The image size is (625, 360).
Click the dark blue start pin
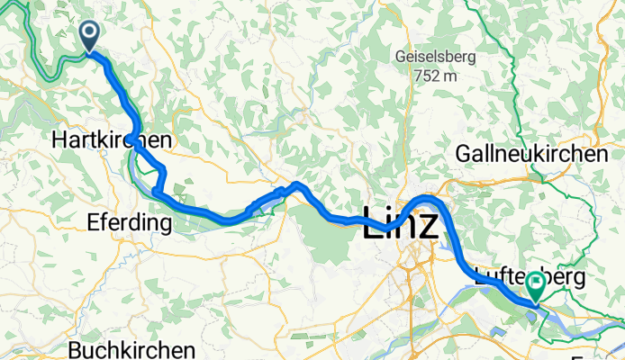[90, 36]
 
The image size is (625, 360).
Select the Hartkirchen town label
[113, 140]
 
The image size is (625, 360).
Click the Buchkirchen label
[131, 349]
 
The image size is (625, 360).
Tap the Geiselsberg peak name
[436, 57]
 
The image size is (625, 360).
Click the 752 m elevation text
[436, 76]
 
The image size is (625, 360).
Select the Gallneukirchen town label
[531, 155]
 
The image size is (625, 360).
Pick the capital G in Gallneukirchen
[465, 155]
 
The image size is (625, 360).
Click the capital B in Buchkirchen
[75, 349]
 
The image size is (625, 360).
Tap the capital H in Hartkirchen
[59, 140]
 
